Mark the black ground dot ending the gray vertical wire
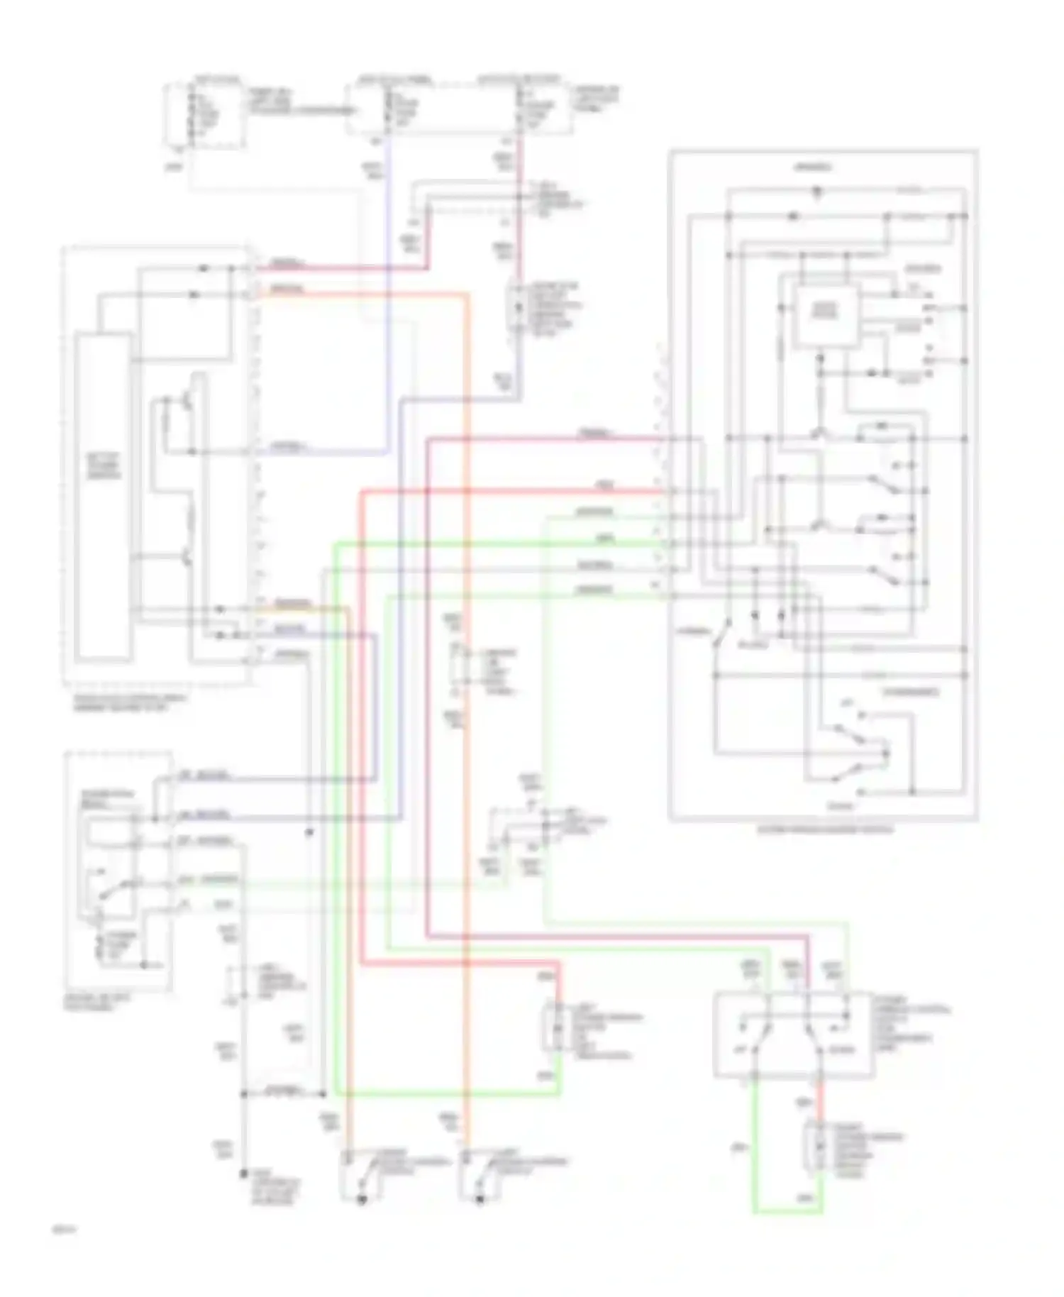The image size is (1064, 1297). tap(243, 1173)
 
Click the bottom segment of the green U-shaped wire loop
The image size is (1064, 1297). tap(787, 1210)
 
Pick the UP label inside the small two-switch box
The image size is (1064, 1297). tap(740, 1050)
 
